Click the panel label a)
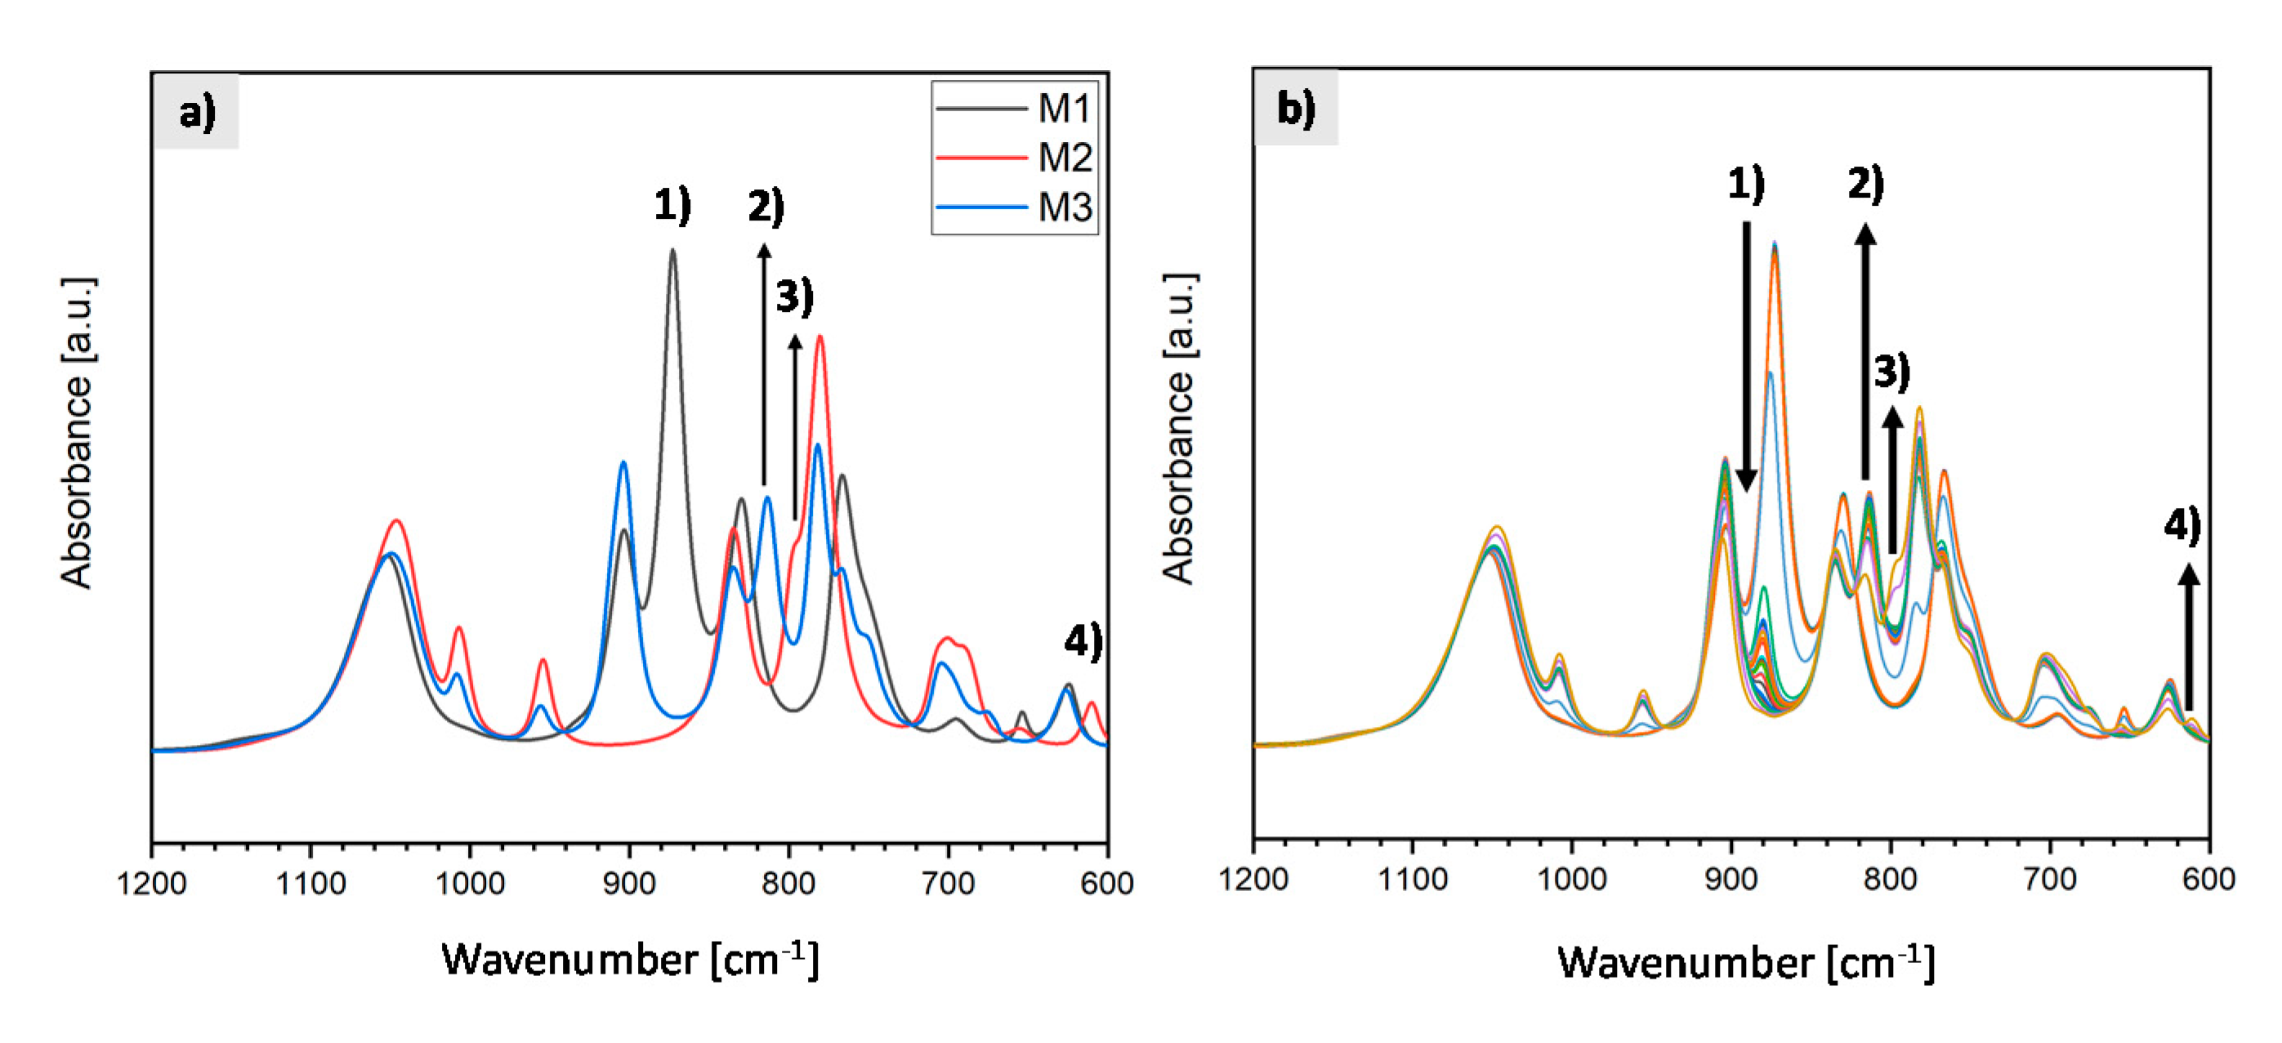pos(197,113)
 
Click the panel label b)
pos(1295,108)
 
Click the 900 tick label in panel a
pos(630,883)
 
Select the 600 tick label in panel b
pos(2208,878)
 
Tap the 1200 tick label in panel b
pos(1253,878)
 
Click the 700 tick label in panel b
pos(2050,878)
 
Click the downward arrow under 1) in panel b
pos(1746,354)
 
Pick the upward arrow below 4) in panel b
pos(2189,638)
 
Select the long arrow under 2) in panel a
pos(765,363)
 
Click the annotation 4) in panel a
pos(1083,640)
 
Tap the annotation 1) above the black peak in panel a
pos(672,204)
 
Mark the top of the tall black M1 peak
pos(673,251)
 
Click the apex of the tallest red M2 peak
pos(820,337)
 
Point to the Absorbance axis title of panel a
pos(77,433)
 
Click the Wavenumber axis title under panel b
pos(1745,962)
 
